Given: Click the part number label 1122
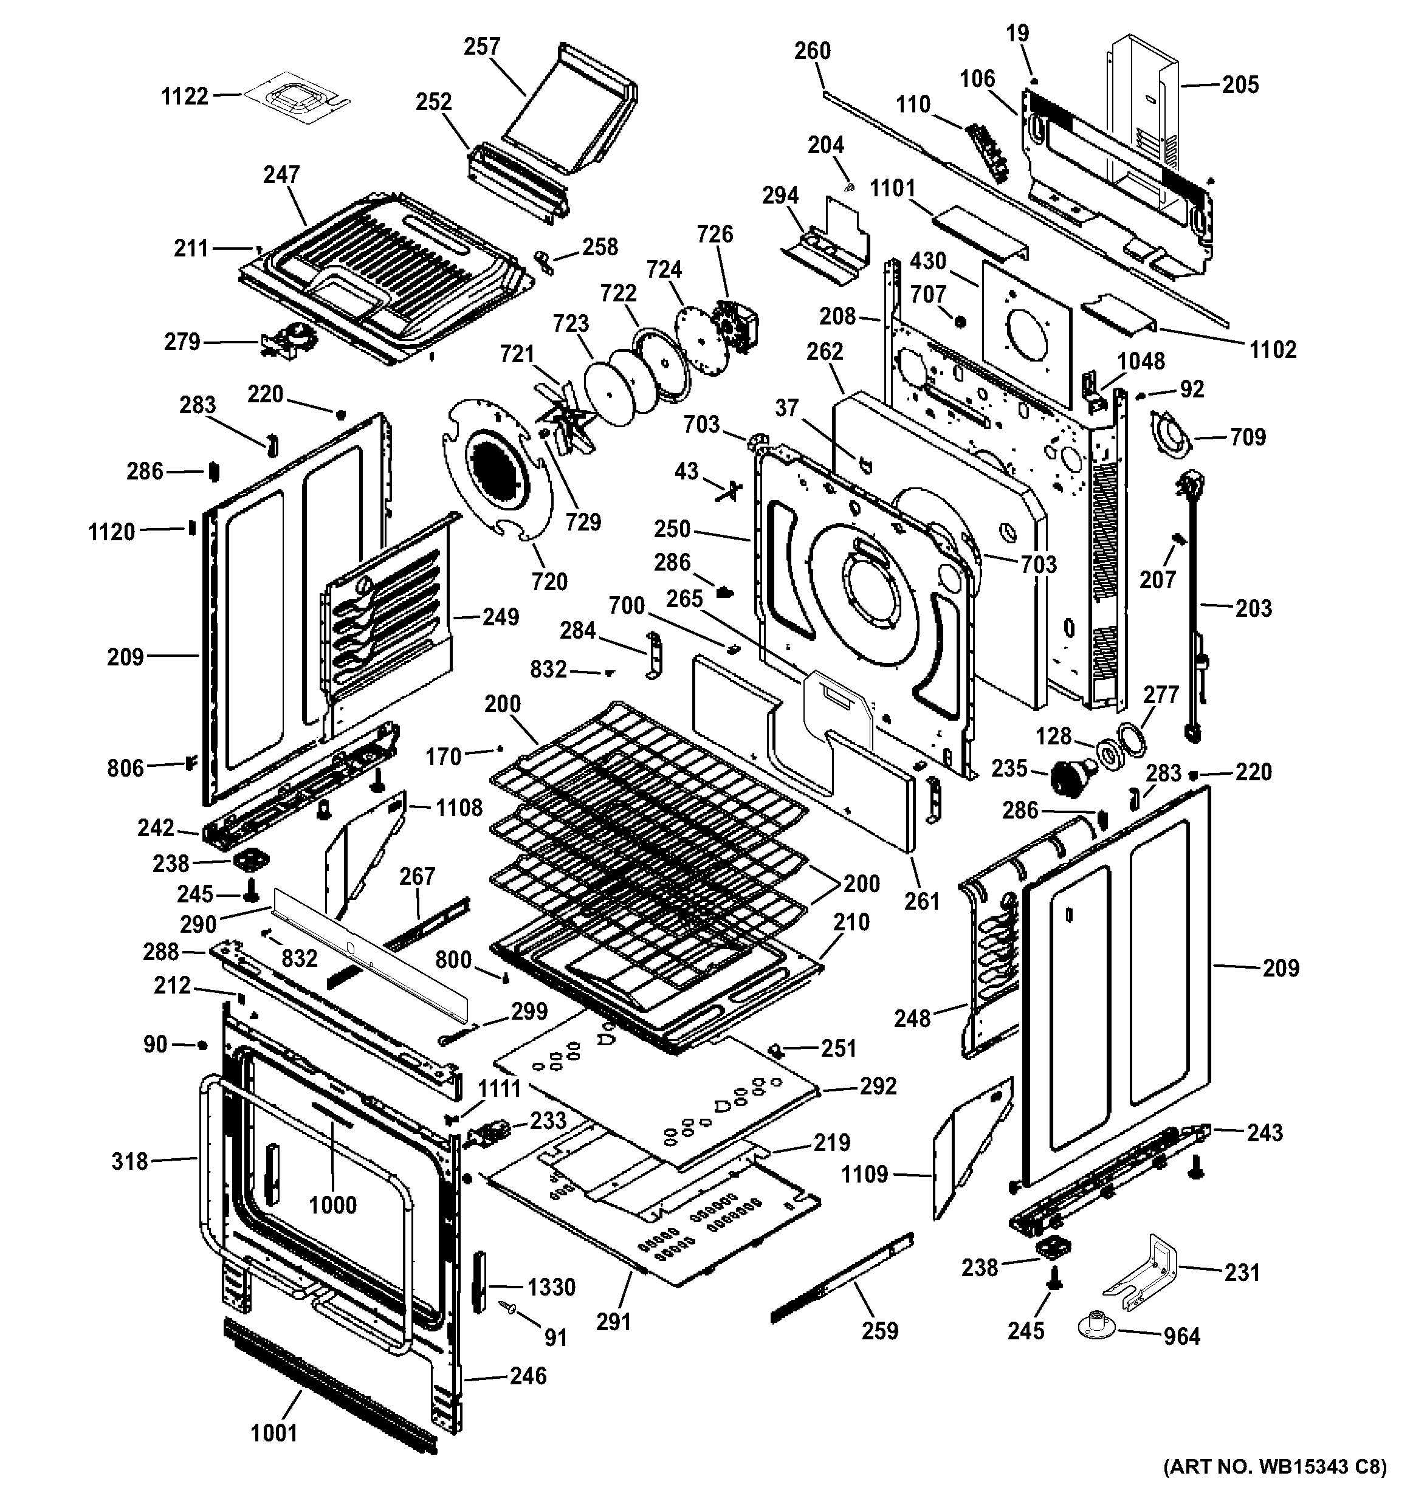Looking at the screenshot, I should [185, 96].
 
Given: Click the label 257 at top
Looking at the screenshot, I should [482, 47].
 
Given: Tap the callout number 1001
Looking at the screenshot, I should [274, 1433].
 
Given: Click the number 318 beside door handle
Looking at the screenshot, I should [129, 1161].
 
